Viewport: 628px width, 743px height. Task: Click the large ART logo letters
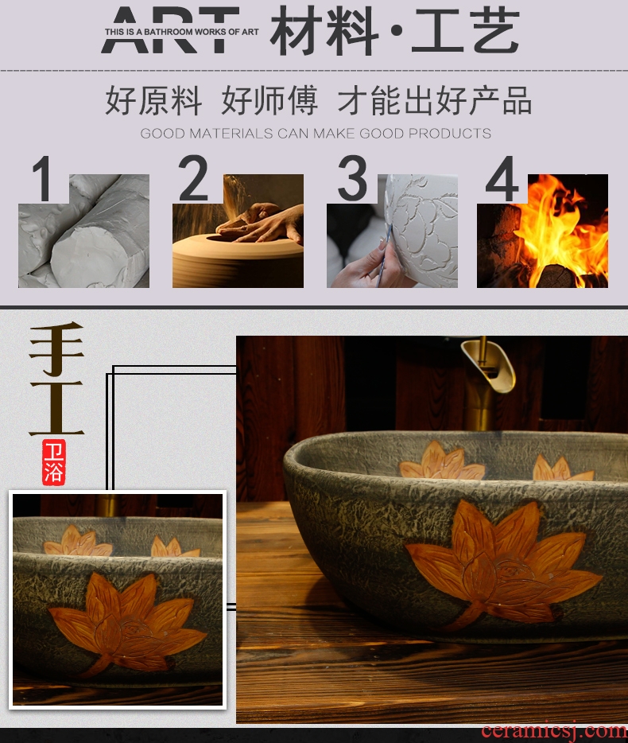170,29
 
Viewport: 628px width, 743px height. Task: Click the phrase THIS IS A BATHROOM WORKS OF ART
182,32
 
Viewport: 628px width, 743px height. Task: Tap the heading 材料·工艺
395,31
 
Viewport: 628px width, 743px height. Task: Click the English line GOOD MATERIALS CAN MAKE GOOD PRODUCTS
316,133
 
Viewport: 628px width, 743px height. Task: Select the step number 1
43,178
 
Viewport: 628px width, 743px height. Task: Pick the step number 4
502,179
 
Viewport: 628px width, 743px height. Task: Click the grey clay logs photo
83,231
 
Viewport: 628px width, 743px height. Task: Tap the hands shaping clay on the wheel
261,223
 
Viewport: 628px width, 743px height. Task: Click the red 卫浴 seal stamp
53,462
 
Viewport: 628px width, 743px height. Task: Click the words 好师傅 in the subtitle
269,100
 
